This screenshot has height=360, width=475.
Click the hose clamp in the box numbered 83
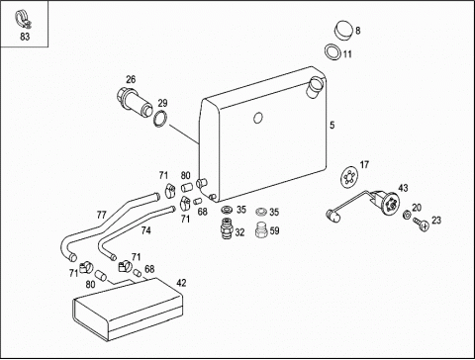23,19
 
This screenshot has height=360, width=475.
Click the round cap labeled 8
343,31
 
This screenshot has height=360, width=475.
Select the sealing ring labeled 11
332,52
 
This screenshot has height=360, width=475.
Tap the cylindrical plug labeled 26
135,102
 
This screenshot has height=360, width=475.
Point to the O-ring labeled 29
160,119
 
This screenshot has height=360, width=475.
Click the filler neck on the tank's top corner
316,85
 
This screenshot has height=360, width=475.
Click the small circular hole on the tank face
258,118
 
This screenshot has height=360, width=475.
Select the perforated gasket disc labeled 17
348,177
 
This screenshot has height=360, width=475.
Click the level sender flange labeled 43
389,203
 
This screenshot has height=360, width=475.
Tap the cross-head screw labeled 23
421,224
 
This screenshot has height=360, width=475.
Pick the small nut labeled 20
407,215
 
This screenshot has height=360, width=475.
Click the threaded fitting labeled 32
227,227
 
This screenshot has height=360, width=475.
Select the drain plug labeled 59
261,229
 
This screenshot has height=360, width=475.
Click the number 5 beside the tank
332,126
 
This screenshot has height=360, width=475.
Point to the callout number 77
102,215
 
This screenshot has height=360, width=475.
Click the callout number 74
145,230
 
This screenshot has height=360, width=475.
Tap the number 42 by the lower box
181,283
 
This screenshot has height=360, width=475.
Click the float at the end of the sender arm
332,216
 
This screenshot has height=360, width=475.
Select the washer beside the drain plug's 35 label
261,211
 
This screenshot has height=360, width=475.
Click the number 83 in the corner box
25,37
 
